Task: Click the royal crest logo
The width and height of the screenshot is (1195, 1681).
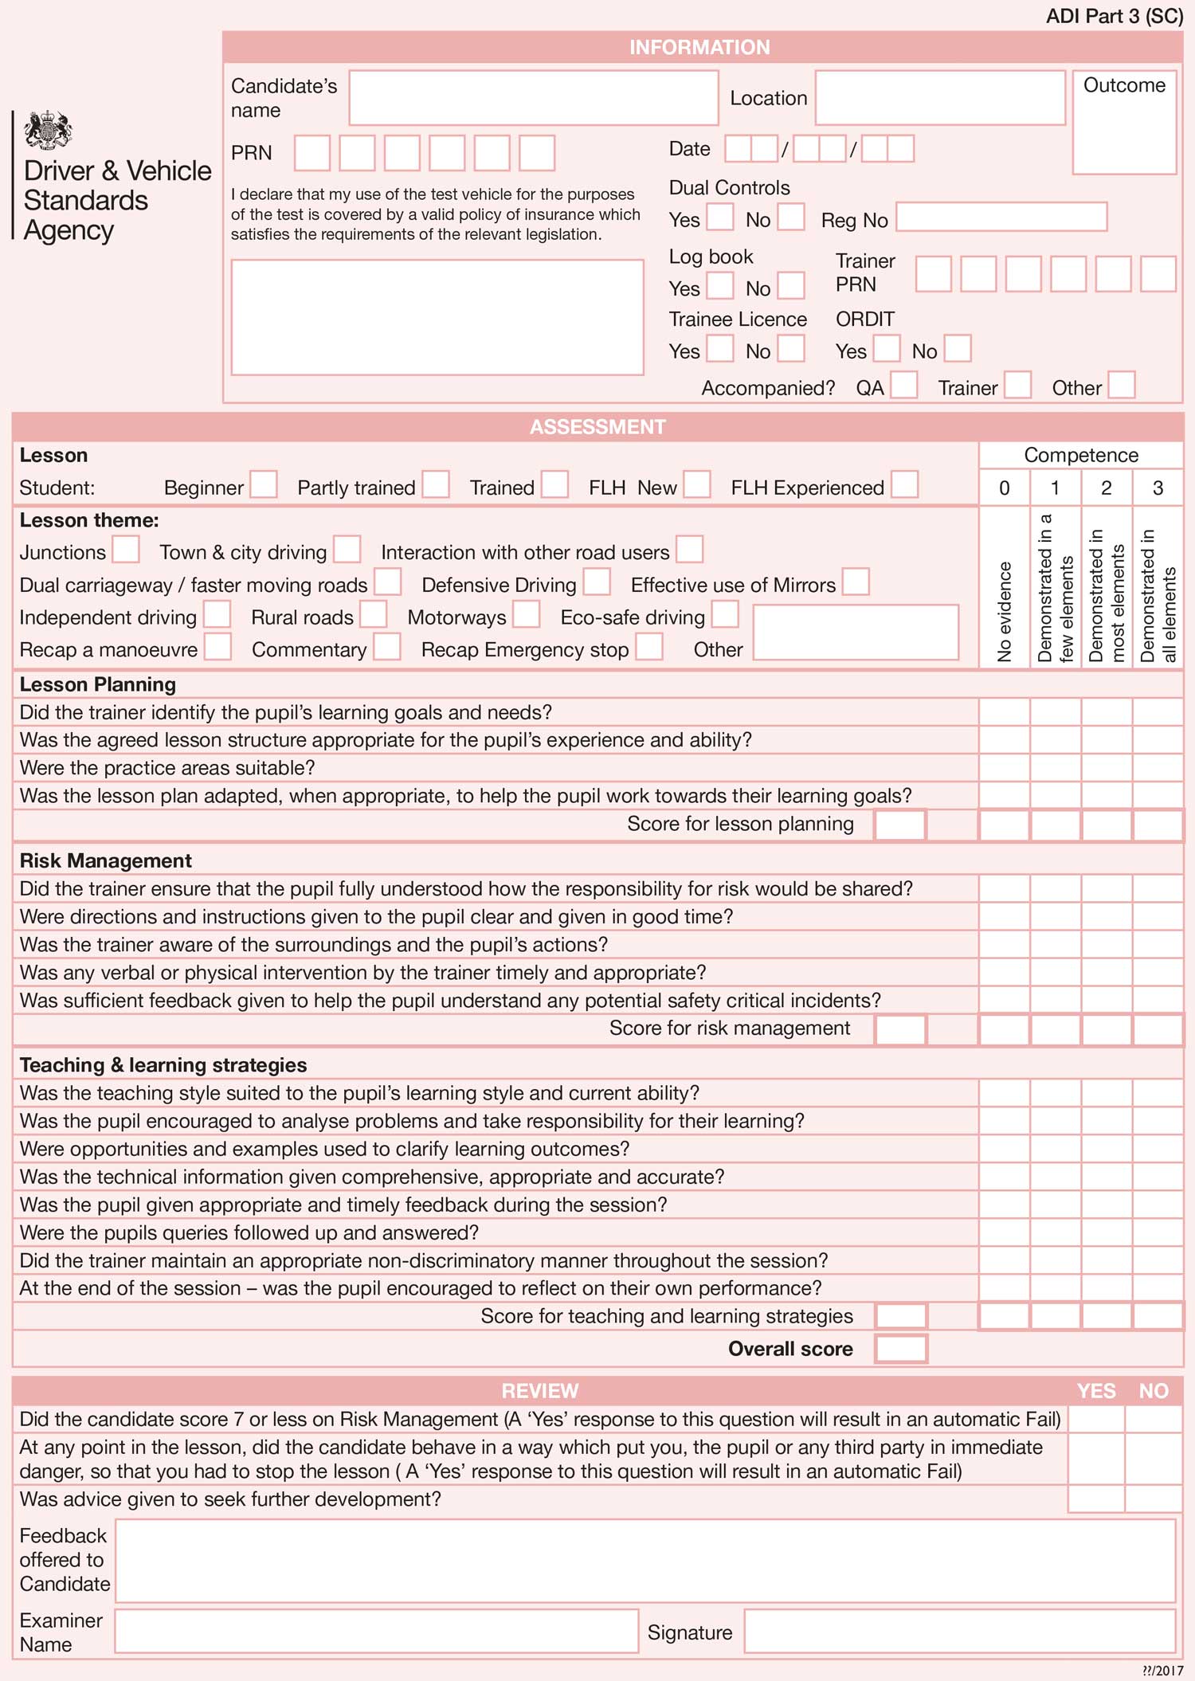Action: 48,131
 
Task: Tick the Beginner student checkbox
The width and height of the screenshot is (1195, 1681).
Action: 264,484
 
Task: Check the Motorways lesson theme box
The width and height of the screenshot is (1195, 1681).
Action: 526,614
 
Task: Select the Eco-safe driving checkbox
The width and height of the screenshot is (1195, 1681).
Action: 725,614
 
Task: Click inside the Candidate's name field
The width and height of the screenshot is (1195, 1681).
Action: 533,98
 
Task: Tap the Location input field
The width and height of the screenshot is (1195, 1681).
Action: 939,98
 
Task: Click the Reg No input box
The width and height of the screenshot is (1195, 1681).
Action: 1001,217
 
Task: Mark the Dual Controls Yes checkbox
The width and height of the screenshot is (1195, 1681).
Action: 720,217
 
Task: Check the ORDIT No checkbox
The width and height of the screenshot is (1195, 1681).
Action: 958,349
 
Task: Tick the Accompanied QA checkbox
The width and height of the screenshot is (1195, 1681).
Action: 903,386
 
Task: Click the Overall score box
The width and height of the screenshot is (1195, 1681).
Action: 901,1349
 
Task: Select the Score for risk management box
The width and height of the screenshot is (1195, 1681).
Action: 900,1029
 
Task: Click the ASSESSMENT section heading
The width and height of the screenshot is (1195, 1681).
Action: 597,427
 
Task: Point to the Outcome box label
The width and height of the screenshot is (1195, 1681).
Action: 1124,85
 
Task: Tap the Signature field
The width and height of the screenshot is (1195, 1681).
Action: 959,1631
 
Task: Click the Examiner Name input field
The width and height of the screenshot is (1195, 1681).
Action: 376,1631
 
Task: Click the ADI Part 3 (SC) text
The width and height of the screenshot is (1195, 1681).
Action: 1114,17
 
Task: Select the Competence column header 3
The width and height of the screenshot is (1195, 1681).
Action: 1158,488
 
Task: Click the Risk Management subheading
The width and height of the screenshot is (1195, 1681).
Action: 106,860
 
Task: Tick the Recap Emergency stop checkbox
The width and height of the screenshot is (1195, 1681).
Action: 649,647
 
